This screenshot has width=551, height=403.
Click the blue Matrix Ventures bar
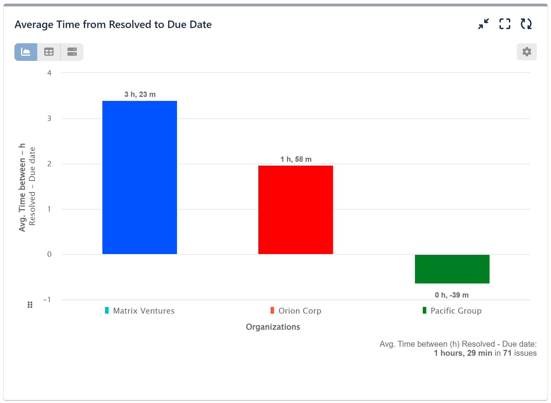click(139, 177)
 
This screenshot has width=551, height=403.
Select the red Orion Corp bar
click(295, 210)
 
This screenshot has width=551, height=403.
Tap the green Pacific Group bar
click(452, 269)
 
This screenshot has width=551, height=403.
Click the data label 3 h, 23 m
click(140, 94)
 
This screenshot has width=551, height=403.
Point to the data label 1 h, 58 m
click(296, 159)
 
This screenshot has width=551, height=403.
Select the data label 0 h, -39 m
click(452, 295)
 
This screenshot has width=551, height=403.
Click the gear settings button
click(526, 52)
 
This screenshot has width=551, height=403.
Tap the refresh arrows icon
click(526, 24)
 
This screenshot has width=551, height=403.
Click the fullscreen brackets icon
click(505, 24)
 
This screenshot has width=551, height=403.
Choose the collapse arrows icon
click(483, 24)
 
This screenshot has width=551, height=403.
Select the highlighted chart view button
click(26, 52)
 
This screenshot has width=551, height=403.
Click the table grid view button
click(49, 52)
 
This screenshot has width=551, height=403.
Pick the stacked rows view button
click(72, 52)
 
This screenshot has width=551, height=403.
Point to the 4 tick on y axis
click(49, 73)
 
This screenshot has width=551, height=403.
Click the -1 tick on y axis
click(47, 300)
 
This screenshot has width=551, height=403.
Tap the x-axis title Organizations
click(273, 327)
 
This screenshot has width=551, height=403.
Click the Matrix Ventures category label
click(143, 311)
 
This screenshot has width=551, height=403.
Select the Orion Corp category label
click(300, 311)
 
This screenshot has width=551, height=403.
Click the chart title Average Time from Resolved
click(113, 25)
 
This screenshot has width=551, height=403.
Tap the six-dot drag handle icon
click(30, 305)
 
